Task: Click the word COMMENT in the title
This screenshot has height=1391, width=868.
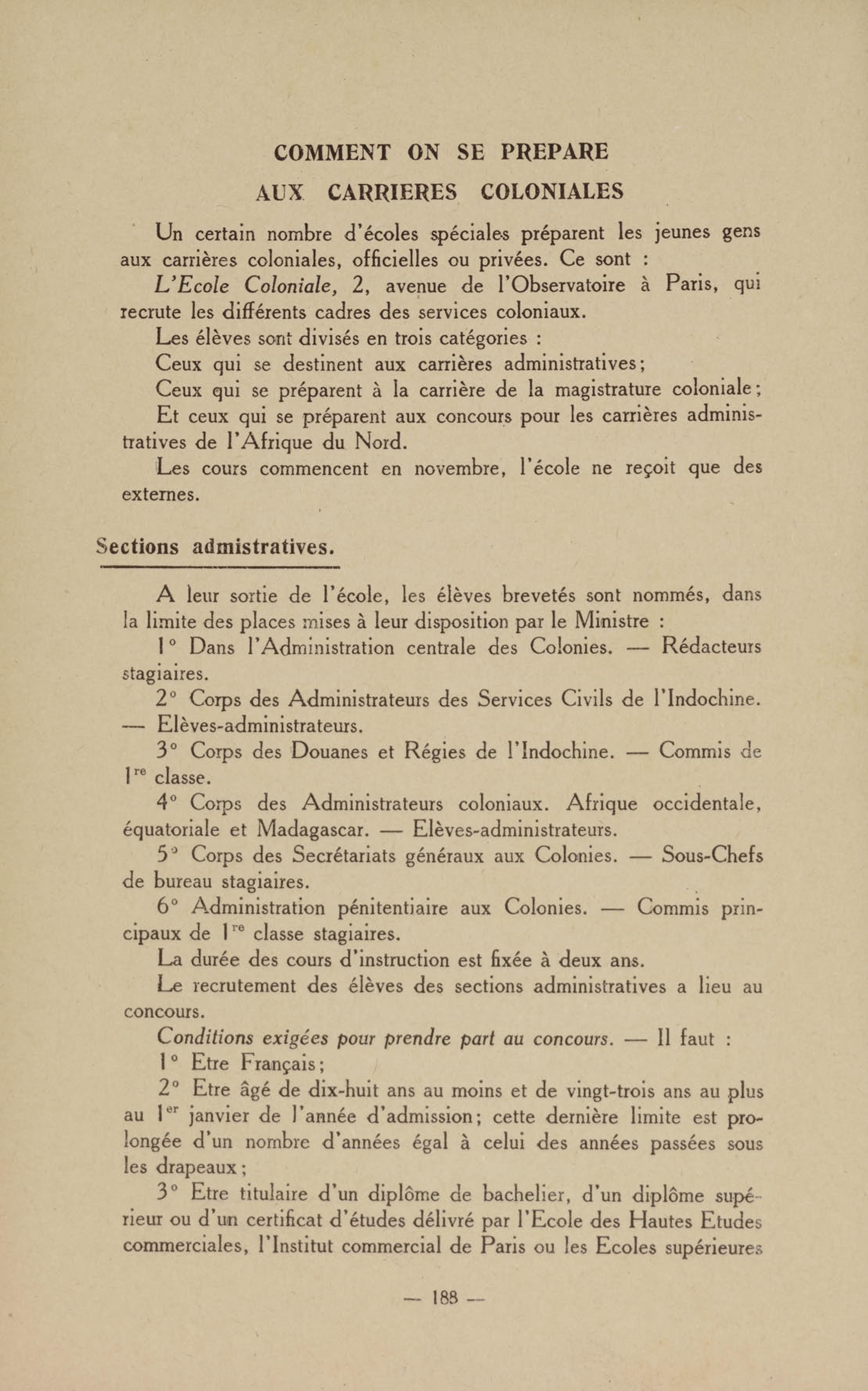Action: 332,152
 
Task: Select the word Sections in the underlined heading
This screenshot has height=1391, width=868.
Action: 137,546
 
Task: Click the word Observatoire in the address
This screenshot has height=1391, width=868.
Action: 566,285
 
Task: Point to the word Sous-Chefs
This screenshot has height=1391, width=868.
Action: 712,856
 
